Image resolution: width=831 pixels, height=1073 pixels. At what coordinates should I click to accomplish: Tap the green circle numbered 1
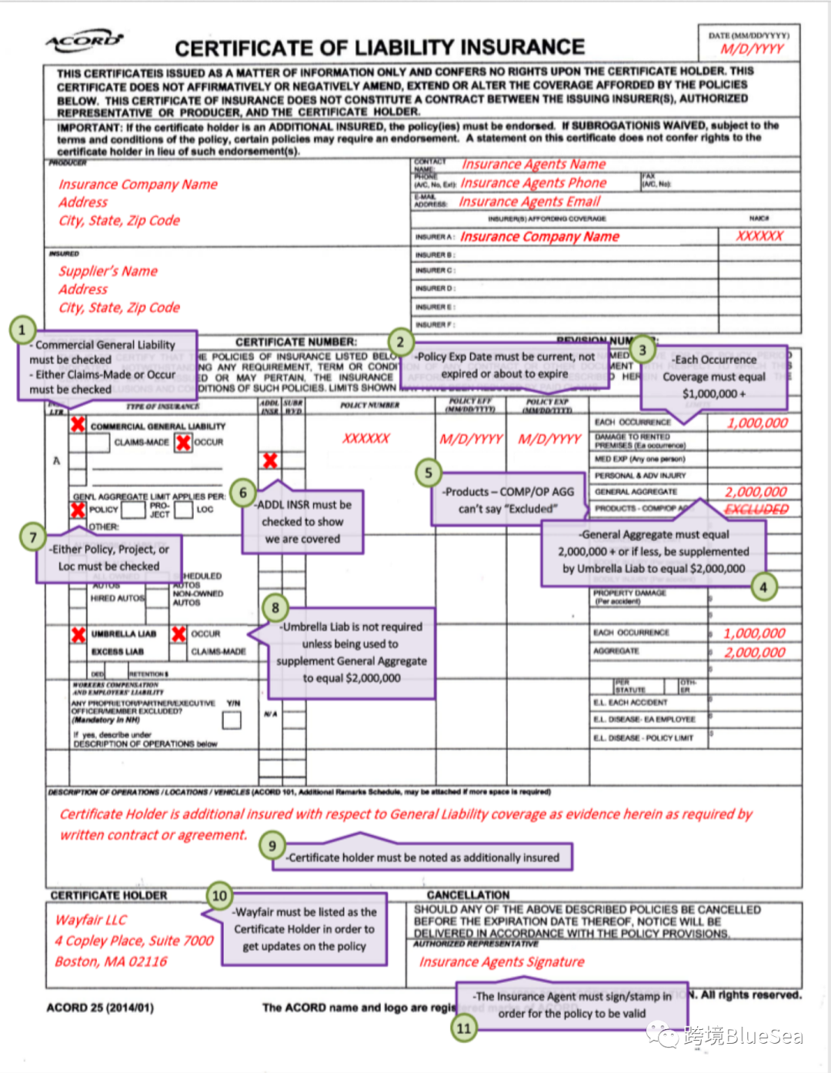22,330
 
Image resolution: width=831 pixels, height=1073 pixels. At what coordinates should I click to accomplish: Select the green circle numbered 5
429,473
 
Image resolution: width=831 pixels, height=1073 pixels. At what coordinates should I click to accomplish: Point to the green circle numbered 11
464,1028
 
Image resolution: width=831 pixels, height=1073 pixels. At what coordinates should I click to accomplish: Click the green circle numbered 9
272,846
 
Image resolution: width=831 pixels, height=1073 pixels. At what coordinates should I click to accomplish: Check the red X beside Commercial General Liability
78,425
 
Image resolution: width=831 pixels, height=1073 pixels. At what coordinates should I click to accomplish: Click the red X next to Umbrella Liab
78,634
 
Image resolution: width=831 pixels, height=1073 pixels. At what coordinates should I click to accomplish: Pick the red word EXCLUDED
756,509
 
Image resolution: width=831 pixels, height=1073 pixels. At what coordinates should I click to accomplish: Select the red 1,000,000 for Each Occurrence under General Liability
757,423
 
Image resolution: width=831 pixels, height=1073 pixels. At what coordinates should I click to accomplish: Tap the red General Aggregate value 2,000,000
756,492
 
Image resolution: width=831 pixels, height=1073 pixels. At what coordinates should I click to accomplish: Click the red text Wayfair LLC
91,920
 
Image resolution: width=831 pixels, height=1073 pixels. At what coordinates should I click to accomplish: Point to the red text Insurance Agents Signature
502,961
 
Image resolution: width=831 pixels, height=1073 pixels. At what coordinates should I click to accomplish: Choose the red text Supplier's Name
108,271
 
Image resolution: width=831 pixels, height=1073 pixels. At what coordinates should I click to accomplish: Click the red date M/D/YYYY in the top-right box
752,49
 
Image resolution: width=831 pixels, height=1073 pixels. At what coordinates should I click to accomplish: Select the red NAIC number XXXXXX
759,236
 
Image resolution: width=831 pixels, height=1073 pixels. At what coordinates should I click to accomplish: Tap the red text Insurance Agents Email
529,202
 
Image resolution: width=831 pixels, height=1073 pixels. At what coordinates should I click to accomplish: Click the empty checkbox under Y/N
232,720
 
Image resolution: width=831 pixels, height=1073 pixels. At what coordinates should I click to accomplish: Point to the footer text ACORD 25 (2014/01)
100,1008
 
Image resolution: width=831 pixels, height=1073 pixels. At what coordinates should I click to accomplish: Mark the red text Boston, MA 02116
111,961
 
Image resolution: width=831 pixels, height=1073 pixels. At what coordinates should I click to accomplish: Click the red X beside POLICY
78,510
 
